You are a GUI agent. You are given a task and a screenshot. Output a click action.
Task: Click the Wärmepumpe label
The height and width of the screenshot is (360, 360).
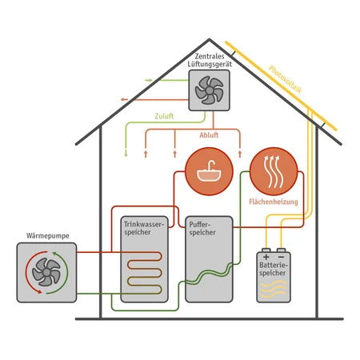48,236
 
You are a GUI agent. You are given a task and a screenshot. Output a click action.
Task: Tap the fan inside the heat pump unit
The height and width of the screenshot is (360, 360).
46,272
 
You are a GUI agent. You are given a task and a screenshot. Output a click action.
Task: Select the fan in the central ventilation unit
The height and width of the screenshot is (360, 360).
209,90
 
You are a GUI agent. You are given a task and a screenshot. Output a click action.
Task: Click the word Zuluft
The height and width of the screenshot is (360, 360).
164,116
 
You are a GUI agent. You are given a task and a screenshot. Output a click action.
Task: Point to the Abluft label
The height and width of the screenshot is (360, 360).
209,135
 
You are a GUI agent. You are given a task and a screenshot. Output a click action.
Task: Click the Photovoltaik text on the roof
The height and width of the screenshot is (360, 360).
286,79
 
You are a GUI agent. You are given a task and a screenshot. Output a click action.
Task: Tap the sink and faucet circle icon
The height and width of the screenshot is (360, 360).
209,171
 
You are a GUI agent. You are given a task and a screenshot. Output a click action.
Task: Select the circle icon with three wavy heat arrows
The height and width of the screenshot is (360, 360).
274,171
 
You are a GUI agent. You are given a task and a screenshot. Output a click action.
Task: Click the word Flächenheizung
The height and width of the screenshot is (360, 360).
274,202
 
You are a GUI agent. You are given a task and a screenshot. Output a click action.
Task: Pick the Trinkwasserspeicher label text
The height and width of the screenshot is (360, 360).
144,228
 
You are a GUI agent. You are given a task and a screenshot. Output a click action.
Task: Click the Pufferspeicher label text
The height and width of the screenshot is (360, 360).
202,228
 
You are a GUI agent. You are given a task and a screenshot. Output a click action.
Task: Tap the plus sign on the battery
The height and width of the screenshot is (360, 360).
266,257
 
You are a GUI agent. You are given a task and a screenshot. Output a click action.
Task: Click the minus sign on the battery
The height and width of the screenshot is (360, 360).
281,257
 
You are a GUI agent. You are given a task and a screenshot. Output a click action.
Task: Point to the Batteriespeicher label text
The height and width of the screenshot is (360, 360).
274,269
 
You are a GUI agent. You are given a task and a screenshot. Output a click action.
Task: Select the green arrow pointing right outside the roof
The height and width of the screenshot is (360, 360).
149,80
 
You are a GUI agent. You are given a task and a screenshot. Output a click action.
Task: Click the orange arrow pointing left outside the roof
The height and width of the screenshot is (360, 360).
124,100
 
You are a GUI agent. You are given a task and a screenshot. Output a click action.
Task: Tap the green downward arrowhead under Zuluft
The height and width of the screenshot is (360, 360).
126,154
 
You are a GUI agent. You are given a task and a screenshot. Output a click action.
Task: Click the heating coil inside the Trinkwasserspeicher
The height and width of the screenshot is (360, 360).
144,273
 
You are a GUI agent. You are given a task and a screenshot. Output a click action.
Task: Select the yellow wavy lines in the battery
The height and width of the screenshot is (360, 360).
274,289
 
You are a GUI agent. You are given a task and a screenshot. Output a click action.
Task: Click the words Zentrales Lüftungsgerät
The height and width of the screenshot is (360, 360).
210,60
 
